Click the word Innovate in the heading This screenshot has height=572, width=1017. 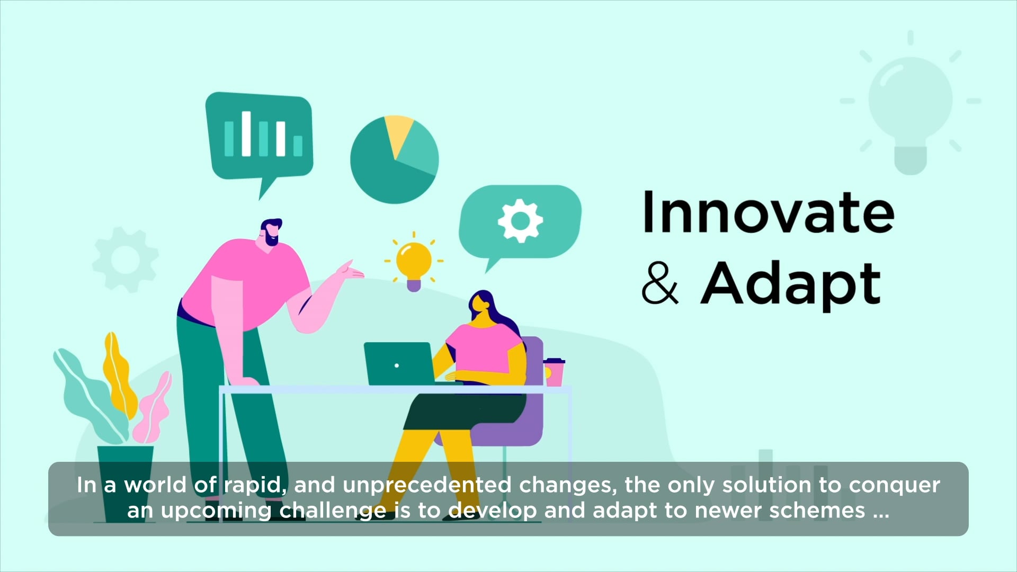click(x=768, y=213)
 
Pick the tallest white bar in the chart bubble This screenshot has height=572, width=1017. click(x=246, y=133)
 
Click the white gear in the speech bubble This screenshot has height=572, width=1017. click(x=520, y=221)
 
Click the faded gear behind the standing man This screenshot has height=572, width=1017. click(x=126, y=260)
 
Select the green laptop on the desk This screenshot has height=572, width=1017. click(x=398, y=364)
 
